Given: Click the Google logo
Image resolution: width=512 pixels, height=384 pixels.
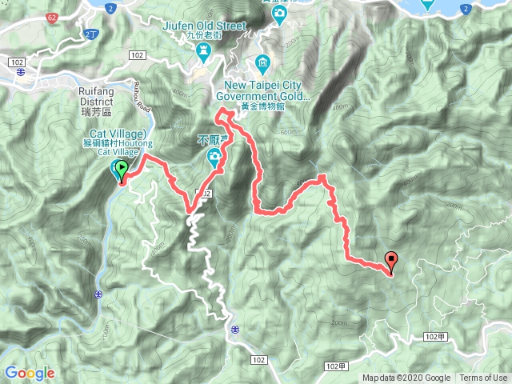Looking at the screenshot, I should pos(29,373).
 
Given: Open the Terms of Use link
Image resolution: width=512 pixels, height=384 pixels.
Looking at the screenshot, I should pos(483,378).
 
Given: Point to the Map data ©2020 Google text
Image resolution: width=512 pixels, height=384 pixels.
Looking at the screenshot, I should pos(406,378).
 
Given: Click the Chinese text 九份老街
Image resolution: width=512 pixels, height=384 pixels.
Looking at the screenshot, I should pos(216,36).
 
